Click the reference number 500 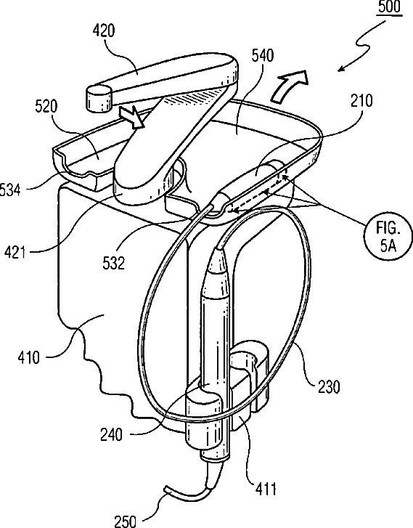(x=389, y=7)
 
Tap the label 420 (x=104, y=31)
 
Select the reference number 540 (x=263, y=55)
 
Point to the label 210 (x=362, y=101)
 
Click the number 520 (x=46, y=107)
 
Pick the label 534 (x=10, y=190)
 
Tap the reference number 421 (x=15, y=251)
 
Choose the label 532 (x=114, y=263)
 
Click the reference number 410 (x=29, y=357)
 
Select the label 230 (x=329, y=386)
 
